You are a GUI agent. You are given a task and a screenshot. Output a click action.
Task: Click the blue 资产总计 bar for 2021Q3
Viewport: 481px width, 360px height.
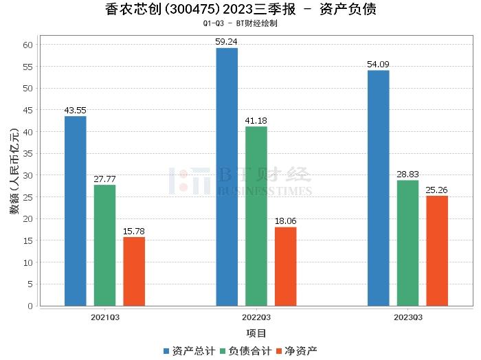76,211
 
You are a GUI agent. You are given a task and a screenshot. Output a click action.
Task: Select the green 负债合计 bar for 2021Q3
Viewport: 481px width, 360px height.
104,245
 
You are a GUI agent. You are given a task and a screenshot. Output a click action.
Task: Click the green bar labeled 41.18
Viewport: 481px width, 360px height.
256,216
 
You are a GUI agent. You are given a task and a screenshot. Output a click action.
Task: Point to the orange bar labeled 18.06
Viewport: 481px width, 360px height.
285,267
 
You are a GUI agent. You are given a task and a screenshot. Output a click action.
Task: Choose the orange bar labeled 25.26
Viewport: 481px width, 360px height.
437,251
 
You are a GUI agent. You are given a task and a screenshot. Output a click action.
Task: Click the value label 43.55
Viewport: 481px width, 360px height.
76,110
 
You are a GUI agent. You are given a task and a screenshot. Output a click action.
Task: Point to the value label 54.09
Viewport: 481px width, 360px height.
378,65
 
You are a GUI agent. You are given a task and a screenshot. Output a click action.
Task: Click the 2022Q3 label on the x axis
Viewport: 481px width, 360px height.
256,317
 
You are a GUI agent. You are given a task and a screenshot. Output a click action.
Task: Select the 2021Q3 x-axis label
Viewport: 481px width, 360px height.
104,317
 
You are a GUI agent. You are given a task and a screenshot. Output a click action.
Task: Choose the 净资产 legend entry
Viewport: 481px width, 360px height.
296,350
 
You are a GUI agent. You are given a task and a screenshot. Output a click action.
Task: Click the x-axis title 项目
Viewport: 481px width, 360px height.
256,333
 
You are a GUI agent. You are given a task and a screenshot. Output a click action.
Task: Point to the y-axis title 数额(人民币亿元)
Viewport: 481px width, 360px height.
14,175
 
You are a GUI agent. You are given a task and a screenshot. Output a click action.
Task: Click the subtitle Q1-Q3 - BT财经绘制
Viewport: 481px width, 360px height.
240,23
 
